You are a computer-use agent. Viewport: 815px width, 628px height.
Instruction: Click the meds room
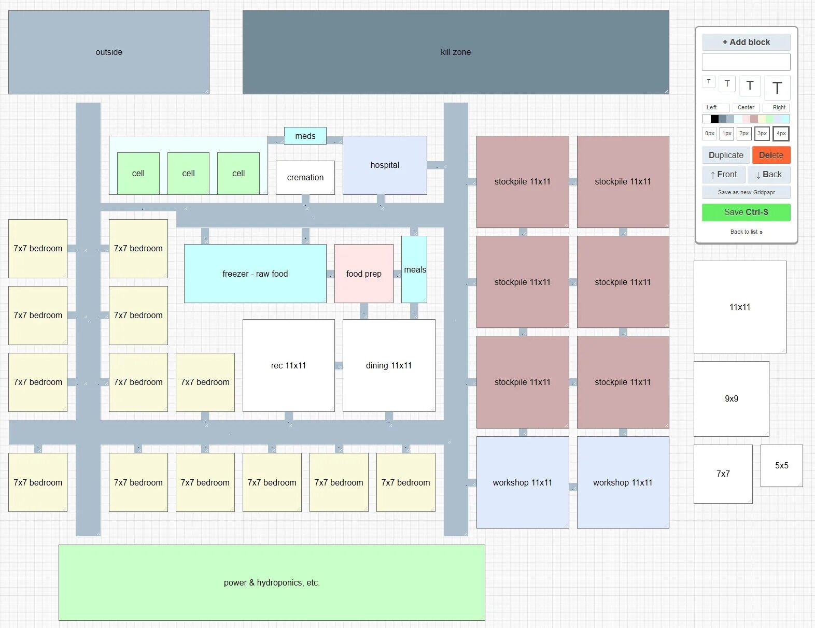305,136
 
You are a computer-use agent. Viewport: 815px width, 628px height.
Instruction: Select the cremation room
305,177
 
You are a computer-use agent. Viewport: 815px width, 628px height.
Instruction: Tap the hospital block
385,165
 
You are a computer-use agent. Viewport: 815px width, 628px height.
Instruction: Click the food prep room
363,274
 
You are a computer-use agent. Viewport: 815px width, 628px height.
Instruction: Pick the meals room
414,269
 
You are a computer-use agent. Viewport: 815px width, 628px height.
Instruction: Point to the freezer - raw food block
255,274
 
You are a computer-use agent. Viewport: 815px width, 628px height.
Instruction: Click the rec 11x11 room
288,365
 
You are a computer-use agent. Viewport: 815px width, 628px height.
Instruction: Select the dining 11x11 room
388,365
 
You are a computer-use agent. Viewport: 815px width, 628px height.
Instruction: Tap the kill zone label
456,52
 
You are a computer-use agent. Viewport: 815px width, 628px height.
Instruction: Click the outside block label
109,52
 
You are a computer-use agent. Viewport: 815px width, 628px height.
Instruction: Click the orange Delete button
771,155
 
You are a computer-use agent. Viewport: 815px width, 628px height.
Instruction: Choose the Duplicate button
726,155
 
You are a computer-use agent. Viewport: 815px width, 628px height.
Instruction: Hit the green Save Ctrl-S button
746,212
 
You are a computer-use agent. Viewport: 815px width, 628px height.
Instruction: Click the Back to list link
746,232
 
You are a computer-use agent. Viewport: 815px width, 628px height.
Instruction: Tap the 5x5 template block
781,465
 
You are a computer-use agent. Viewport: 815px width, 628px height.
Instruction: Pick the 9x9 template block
731,398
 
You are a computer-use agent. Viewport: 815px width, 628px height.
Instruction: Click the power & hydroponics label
272,582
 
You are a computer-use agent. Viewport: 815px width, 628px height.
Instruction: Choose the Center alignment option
746,107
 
